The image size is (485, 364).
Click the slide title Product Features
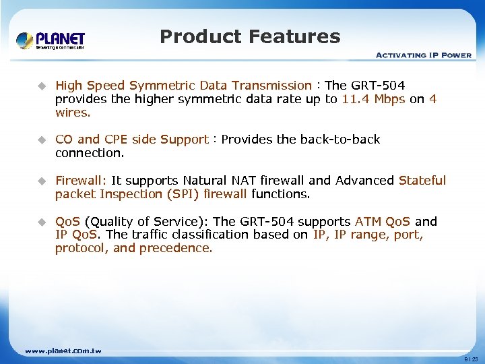point(250,36)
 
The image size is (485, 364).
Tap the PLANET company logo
point(51,40)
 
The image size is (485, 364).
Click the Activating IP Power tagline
point(423,55)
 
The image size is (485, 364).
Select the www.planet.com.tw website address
point(63,351)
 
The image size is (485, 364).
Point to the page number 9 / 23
point(471,360)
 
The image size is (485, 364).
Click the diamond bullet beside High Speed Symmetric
point(41,86)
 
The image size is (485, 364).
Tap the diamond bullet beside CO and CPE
point(41,140)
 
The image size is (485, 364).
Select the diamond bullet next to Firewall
point(41,181)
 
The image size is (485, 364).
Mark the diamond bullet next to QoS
point(41,222)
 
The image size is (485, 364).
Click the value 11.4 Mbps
point(373,99)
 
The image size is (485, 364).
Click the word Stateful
point(422,181)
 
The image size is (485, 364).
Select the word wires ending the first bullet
point(72,113)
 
